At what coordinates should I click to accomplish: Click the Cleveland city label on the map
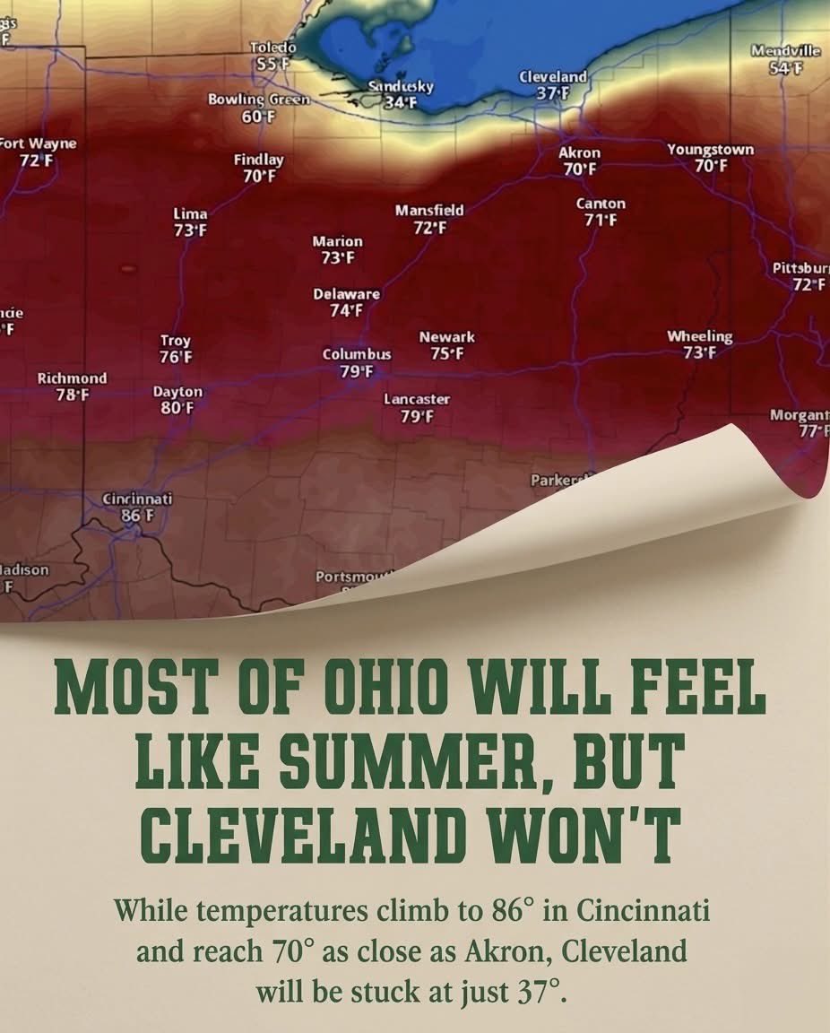tap(553, 77)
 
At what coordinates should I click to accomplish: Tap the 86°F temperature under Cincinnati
tap(138, 516)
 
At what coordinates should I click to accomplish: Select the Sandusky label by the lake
tap(401, 86)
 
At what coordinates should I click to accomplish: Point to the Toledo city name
tap(272, 47)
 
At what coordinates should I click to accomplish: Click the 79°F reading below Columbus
tap(357, 371)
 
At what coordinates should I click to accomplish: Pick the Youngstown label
tap(710, 150)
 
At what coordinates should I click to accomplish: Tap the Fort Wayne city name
tap(38, 143)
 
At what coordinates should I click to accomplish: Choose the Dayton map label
tap(177, 392)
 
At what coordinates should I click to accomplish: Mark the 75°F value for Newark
tap(446, 354)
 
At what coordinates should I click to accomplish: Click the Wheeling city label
tap(699, 336)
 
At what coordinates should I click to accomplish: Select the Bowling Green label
tap(259, 99)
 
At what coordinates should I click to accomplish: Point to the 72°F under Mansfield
tap(429, 228)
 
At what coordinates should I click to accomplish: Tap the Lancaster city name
tap(417, 399)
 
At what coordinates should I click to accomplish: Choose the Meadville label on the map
tap(785, 51)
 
